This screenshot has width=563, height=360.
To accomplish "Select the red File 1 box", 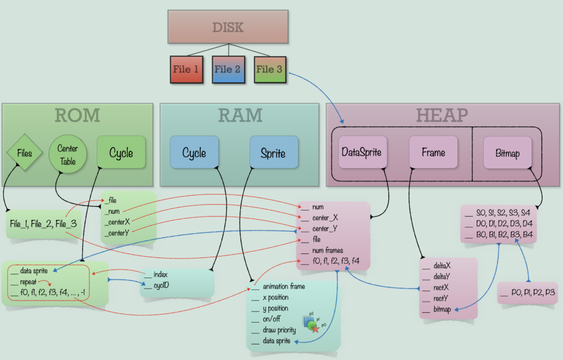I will pos(185,70).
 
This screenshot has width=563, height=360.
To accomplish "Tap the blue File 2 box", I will pos(228,70).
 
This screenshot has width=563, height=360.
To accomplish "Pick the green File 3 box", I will pos(269,69).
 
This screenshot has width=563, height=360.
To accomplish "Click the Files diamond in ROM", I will pos(25,152).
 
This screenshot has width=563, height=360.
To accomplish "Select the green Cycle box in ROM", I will pos(121,152).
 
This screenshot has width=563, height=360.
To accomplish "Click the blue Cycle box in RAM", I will pos(194,152).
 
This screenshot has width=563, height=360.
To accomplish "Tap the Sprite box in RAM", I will pos(274,152).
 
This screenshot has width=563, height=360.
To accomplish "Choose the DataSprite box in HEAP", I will pos(361,152).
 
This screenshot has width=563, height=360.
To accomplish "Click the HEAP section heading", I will pos(442,115).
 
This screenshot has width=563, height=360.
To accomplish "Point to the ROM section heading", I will pos(77,115).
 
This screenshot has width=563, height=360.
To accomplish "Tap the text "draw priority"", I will pos(279,330).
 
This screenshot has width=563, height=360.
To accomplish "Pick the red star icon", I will pos(315,329).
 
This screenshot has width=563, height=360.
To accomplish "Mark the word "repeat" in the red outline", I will pos(28,281).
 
